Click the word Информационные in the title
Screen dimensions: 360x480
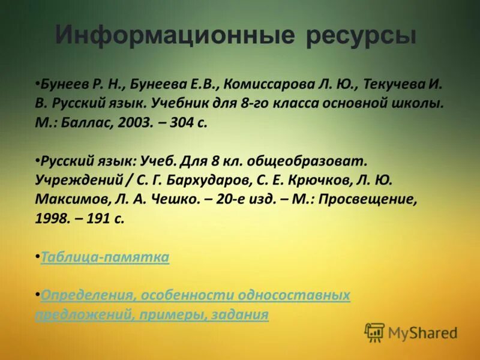[x=174, y=36]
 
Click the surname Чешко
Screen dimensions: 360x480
[x=178, y=199]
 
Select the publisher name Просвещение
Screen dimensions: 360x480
[x=365, y=199]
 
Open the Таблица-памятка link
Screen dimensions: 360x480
[x=105, y=257]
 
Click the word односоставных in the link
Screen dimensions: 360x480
[x=294, y=296]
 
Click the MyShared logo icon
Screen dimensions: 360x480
[x=374, y=332]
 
